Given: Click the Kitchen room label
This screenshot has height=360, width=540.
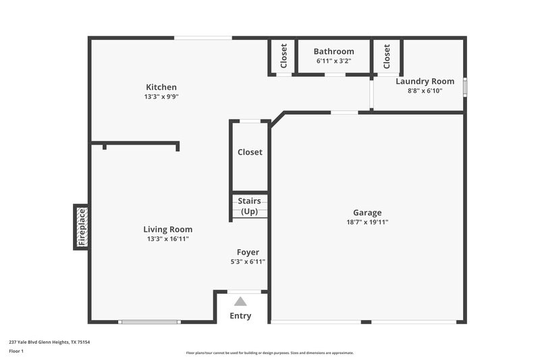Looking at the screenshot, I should click(x=161, y=87).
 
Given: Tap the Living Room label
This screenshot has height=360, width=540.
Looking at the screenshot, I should click(x=167, y=229).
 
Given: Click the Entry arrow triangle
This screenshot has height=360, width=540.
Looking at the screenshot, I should click(x=240, y=301).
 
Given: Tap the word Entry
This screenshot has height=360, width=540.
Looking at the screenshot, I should click(x=240, y=315).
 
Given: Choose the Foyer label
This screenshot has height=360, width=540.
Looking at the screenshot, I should click(x=248, y=253).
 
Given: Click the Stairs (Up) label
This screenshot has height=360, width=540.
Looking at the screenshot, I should click(x=249, y=206).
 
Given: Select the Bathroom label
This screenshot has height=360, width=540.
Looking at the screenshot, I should click(x=333, y=51).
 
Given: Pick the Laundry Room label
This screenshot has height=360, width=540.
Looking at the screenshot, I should click(x=425, y=81).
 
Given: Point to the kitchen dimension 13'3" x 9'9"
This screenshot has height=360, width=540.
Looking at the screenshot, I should click(x=161, y=97).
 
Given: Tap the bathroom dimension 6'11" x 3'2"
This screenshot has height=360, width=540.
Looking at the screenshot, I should click(x=333, y=61).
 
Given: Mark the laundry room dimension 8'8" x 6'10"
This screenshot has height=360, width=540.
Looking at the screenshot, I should click(x=425, y=91).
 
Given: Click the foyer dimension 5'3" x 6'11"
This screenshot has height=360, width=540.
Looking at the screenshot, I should click(x=248, y=262).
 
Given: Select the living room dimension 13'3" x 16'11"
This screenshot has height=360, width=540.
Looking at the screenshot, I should click(x=167, y=238).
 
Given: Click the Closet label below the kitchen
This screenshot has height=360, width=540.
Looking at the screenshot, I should click(x=250, y=152).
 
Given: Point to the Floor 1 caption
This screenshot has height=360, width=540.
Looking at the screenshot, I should click(x=16, y=352).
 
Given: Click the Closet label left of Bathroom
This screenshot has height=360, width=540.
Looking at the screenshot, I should click(x=284, y=56).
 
